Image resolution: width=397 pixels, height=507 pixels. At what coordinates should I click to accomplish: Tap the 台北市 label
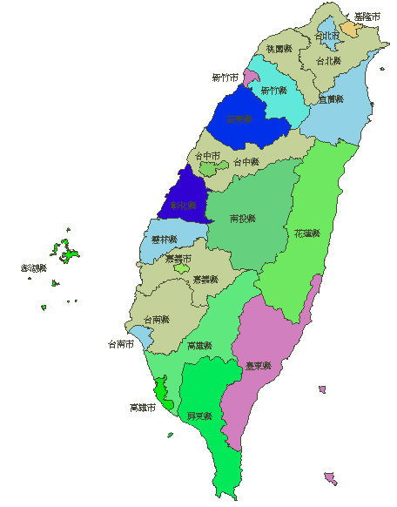click(326, 37)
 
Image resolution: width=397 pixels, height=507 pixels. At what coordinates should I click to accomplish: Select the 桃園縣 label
click(279, 49)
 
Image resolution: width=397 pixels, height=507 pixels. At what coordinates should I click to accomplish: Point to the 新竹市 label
click(225, 78)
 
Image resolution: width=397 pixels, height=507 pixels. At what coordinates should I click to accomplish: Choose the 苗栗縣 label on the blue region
click(238, 119)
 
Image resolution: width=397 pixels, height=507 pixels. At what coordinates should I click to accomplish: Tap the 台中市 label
click(207, 156)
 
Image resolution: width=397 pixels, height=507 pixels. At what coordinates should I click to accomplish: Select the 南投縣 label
click(243, 218)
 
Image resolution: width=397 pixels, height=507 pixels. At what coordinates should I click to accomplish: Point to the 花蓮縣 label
click(307, 233)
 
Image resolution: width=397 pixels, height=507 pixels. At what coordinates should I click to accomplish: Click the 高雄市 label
click(141, 407)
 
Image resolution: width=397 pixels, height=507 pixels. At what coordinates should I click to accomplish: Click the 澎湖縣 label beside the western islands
click(33, 268)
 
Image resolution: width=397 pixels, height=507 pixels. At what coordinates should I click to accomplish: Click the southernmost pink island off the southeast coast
click(330, 478)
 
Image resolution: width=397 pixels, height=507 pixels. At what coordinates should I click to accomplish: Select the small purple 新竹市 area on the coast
click(251, 78)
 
